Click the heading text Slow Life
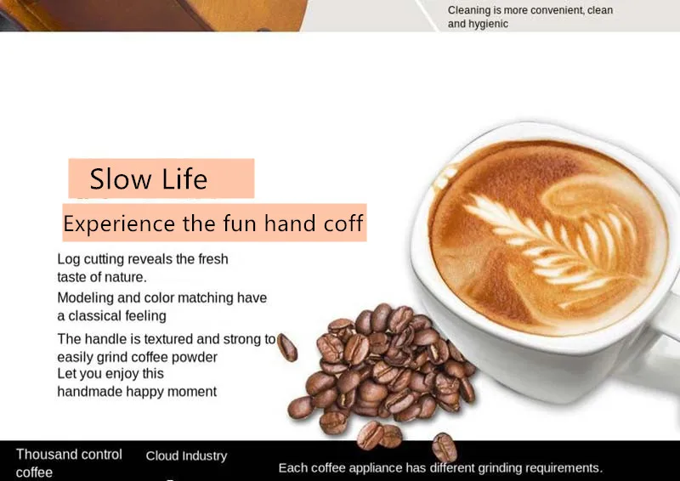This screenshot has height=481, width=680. coord(148,178)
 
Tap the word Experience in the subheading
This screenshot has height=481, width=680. coord(119,224)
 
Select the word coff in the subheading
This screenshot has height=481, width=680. coord(343,223)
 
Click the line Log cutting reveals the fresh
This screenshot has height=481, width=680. coord(143,259)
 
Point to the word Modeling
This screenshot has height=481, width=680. coord(86,298)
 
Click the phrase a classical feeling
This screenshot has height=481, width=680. coord(111,316)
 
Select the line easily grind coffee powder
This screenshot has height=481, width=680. coord(137,358)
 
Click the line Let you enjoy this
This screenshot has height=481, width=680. coord(110,373)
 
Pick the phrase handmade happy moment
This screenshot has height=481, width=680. coord(137,392)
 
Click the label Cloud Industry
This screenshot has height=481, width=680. coord(186,456)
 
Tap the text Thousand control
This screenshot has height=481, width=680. coord(69,454)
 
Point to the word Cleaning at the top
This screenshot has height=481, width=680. coord(469,10)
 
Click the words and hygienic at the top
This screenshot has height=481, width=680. coord(478,24)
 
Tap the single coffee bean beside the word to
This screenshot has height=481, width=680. coord(287,348)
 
